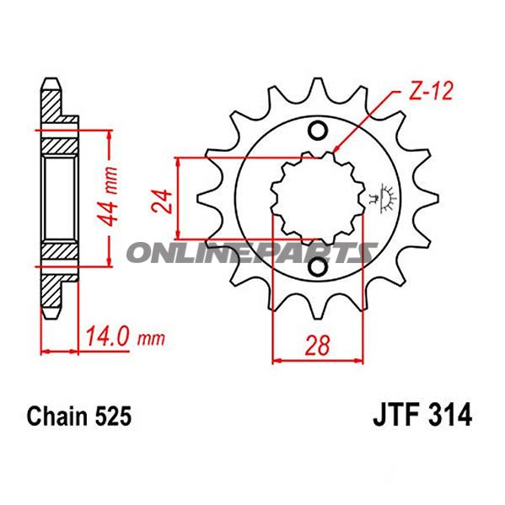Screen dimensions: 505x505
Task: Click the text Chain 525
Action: [x=78, y=416]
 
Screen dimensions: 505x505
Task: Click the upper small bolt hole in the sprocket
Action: [x=318, y=131]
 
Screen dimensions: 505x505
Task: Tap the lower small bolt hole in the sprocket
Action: [x=318, y=268]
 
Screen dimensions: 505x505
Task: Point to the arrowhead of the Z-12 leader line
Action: [x=337, y=149]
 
